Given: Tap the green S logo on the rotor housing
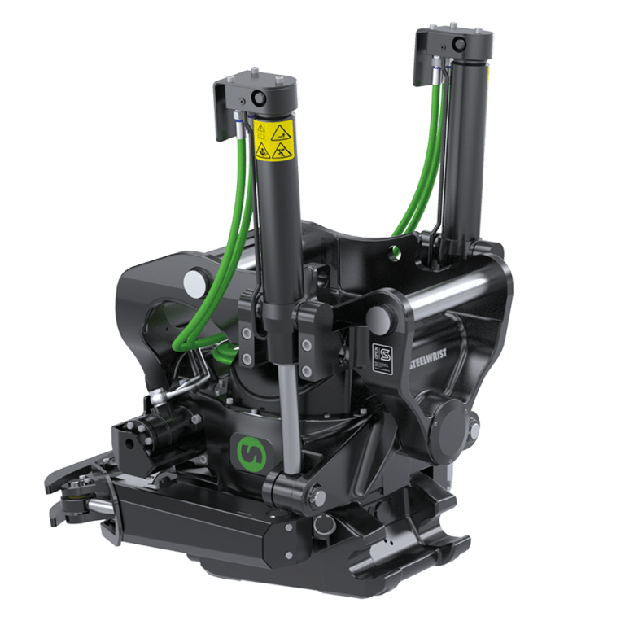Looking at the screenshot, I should click(247, 449).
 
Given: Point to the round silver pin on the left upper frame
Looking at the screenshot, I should click(195, 282).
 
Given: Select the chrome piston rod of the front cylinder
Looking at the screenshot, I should click(289, 415).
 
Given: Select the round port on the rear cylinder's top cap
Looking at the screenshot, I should click(458, 42).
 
